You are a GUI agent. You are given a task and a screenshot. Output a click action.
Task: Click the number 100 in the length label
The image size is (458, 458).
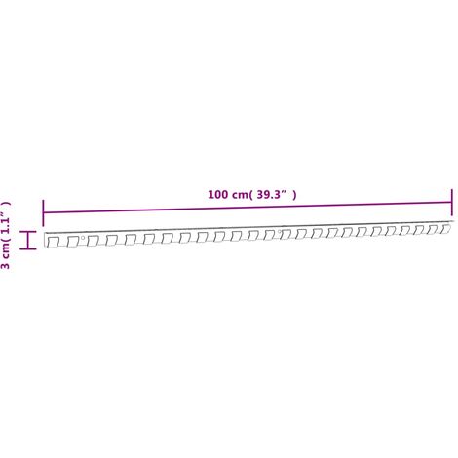coord(218,195)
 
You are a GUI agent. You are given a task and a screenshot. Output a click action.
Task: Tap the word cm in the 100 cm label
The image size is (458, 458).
coord(240,195)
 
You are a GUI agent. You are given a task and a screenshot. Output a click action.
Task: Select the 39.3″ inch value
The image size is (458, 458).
coord(272,194)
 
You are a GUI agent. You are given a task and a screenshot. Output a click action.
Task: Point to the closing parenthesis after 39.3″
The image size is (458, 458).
coord(294,195)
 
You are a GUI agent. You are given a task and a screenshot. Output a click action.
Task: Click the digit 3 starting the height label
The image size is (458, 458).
coord(6,265)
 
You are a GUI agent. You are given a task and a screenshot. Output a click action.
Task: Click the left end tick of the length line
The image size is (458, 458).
coord(43,213)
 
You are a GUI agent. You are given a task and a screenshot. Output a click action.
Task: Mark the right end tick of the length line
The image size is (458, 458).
coord(451,202)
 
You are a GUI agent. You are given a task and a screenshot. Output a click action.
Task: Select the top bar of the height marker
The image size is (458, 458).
coord(28,232)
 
